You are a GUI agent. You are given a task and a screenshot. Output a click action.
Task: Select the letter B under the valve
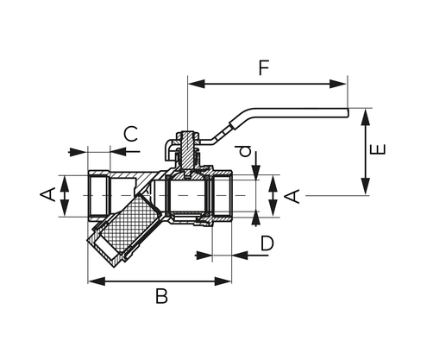161,297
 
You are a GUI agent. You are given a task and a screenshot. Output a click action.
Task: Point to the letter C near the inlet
130,134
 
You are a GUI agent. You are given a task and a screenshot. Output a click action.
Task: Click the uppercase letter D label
267,244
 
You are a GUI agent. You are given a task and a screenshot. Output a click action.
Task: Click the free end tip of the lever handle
344,111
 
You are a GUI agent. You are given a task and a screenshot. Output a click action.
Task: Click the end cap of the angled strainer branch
104,251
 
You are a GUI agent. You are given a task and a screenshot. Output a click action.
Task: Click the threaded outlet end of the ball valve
223,197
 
